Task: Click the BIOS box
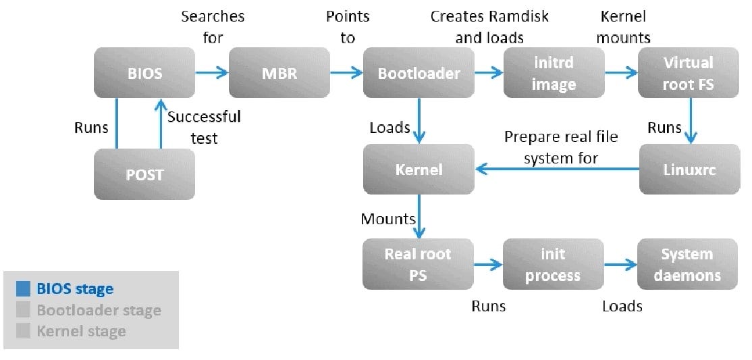144,72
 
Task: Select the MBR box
279,72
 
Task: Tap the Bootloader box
419,72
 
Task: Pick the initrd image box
554,72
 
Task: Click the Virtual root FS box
688,72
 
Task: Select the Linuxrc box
688,169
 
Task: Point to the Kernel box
419,169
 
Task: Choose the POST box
144,174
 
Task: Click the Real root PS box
419,264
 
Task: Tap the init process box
554,264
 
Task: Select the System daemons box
688,264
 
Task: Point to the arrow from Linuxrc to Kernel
557,170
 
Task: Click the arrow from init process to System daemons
620,265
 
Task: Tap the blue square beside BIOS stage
24,289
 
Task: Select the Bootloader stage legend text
99,311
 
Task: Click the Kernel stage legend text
81,331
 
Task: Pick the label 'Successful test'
203,127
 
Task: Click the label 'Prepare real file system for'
560,148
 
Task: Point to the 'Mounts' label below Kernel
387,219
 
